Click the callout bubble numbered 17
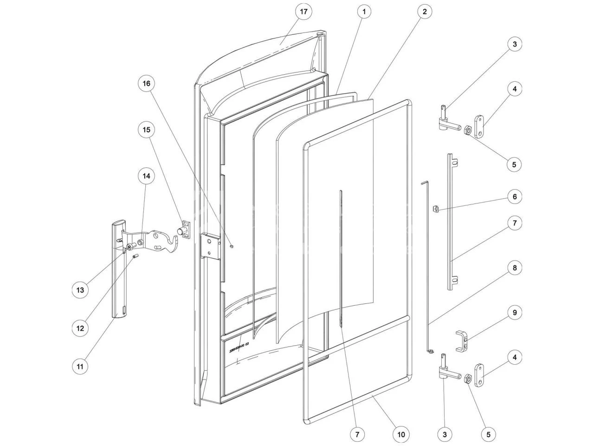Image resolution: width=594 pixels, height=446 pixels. [303, 12]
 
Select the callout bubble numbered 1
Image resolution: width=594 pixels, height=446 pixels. [364, 12]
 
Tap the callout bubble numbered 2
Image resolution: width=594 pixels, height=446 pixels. [425, 12]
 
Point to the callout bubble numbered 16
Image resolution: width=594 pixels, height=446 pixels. [147, 84]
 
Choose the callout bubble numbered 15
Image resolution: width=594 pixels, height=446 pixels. [147, 130]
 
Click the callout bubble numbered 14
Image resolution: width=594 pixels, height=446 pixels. [147, 177]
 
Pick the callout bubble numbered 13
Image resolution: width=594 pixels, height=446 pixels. [80, 290]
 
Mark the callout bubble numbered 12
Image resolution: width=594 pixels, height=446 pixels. [80, 328]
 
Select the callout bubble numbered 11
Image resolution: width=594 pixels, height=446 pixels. [80, 367]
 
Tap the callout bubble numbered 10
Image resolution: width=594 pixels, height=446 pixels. [401, 434]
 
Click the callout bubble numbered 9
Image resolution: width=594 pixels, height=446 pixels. [514, 313]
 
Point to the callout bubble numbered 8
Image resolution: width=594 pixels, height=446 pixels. [514, 268]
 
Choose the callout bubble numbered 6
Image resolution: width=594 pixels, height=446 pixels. [514, 197]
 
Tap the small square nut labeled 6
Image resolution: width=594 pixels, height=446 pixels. [437, 209]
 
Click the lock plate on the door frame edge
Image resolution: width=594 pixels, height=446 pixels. [209, 246]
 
